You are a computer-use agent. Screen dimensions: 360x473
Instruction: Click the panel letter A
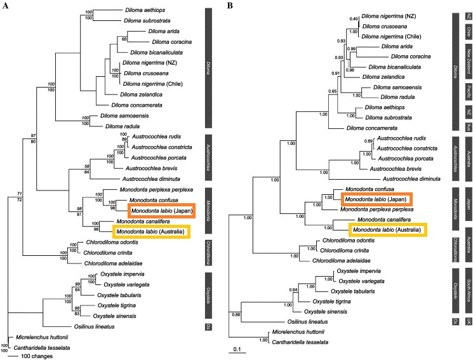pos(4,6)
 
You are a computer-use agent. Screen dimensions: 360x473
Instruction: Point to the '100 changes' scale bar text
pos(36,356)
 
